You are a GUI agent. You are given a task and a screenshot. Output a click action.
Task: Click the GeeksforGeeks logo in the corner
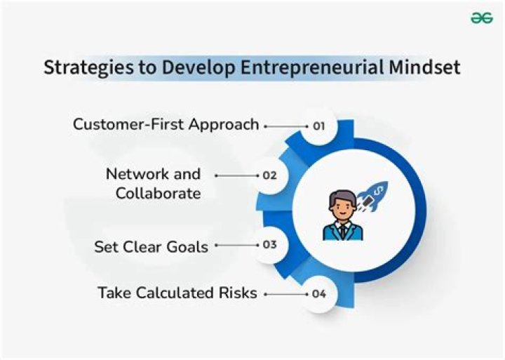tap(481, 19)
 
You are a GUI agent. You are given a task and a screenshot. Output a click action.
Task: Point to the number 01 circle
tap(319, 126)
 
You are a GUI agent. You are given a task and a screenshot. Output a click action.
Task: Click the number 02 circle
tap(269, 175)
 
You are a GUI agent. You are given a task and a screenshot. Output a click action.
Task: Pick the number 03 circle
tap(269, 245)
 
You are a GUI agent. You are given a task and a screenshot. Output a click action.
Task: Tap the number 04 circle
tap(319, 293)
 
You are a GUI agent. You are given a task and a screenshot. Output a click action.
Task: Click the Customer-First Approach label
tap(166, 125)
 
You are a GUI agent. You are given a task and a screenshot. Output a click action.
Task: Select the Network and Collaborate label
tap(154, 183)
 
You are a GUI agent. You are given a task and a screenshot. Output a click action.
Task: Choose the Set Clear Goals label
tap(151, 247)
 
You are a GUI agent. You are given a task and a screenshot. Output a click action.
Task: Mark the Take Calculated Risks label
tap(177, 293)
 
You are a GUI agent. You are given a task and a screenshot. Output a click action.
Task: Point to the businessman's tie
tap(343, 229)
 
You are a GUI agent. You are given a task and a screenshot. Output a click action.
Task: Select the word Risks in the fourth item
tap(237, 293)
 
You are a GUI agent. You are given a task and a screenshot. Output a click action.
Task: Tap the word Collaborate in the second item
tap(159, 193)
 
